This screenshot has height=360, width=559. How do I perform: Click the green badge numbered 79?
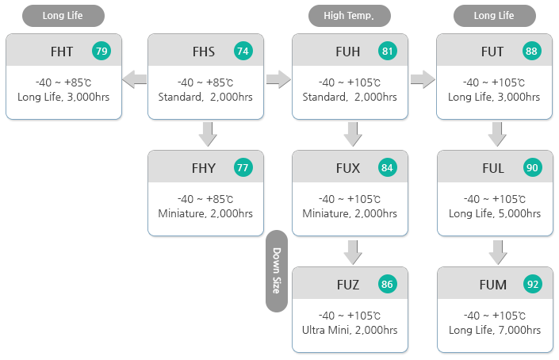click(101, 52)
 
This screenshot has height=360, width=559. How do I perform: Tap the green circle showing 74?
click(243, 52)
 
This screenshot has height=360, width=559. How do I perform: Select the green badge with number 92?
click(532, 285)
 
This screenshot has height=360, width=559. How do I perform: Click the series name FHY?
click(204, 168)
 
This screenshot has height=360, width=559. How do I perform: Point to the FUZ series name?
click(348, 285)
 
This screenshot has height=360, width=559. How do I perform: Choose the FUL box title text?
click(492, 168)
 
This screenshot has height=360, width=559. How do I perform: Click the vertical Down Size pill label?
click(276, 271)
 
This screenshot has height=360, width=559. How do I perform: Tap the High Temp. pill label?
click(350, 15)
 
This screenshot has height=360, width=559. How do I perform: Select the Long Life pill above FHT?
click(63, 15)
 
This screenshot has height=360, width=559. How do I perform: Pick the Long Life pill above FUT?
click(494, 15)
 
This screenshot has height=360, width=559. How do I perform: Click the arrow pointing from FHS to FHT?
click(135, 79)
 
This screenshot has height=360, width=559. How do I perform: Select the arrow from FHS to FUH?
click(278, 79)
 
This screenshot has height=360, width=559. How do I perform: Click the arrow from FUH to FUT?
click(423, 79)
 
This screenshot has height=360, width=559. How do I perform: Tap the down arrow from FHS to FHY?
click(207, 134)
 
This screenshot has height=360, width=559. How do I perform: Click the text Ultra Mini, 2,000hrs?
click(350, 330)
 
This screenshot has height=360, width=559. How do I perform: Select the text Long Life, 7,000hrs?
click(494, 330)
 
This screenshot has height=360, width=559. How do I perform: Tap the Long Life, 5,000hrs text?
click(494, 213)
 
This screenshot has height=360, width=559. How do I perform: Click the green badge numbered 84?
click(388, 168)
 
